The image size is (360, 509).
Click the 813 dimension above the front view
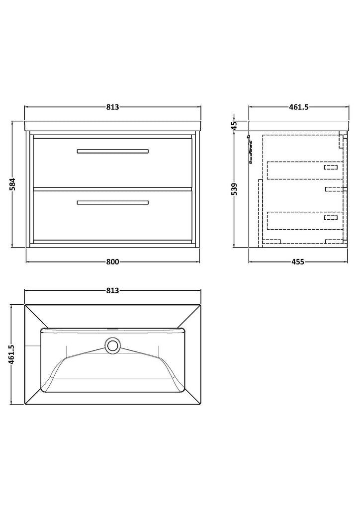(x=113, y=107)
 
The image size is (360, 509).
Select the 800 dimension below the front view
(x=113, y=261)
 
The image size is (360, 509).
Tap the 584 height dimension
(x=12, y=184)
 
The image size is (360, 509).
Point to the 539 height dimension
(x=235, y=189)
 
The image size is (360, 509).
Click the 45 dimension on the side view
(x=235, y=124)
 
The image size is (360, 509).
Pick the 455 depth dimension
(x=298, y=261)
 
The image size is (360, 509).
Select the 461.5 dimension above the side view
(x=299, y=107)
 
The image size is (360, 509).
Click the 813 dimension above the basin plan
(x=113, y=290)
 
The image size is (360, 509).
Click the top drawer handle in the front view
(x=113, y=151)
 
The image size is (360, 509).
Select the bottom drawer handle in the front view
(x=113, y=203)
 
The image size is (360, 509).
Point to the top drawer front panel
(x=113, y=163)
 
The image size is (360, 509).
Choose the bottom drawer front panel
(x=113, y=215)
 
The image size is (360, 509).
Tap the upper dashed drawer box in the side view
(x=305, y=170)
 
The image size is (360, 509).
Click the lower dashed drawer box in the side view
(x=305, y=221)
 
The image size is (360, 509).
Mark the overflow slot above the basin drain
(x=113, y=329)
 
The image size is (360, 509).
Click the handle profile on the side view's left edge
(x=250, y=149)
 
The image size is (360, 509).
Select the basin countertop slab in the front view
(x=113, y=126)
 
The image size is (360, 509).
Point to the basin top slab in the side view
(x=299, y=126)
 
